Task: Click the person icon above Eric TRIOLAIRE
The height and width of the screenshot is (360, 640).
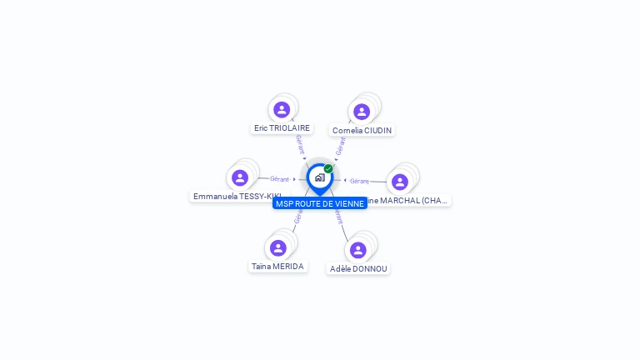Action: point(282,109)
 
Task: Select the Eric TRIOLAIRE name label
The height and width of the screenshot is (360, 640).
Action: point(282,128)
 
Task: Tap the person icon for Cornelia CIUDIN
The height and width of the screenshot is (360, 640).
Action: point(362,112)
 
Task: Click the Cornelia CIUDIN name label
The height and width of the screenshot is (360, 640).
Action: point(362,131)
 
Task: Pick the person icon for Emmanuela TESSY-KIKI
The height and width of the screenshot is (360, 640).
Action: point(240,177)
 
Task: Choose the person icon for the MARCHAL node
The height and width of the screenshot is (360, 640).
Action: point(400,182)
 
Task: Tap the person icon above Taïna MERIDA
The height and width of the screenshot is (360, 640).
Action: point(278,247)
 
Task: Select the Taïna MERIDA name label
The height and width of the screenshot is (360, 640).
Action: point(277,267)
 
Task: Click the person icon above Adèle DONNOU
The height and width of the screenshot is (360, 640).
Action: point(358,250)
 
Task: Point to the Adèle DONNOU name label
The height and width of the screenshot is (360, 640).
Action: point(358,269)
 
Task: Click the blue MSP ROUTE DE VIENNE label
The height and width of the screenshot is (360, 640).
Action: point(320,203)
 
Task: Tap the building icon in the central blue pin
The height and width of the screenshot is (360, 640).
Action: point(319,177)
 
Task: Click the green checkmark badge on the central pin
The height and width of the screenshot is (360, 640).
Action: point(328,168)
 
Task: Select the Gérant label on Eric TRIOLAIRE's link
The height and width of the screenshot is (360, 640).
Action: point(299,143)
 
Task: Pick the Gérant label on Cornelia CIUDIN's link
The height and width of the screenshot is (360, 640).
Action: point(340,145)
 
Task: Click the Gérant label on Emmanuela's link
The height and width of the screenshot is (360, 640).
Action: point(279,179)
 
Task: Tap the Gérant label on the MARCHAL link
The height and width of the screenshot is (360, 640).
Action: point(359,181)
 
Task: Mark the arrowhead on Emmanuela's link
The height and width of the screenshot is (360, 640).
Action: point(294,179)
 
